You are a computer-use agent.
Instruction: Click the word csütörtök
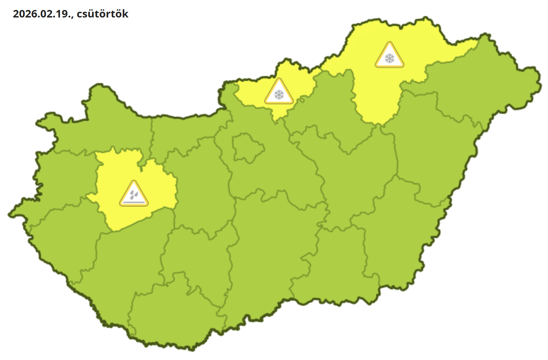[x=103, y=14]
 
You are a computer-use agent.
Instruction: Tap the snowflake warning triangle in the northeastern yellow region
[x=389, y=55]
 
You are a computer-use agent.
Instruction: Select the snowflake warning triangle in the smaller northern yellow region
[x=279, y=92]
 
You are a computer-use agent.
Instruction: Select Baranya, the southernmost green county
[x=171, y=318]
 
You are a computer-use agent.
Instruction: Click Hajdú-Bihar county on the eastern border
[x=435, y=150]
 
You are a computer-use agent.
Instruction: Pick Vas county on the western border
[x=61, y=178]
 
